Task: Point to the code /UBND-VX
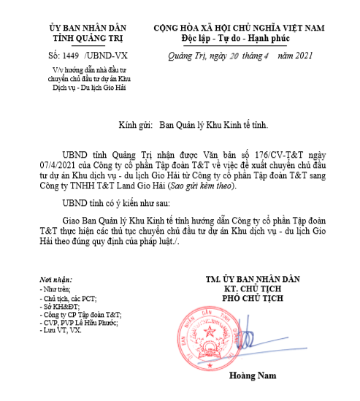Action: (103, 55)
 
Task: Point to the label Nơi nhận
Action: (58, 281)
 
